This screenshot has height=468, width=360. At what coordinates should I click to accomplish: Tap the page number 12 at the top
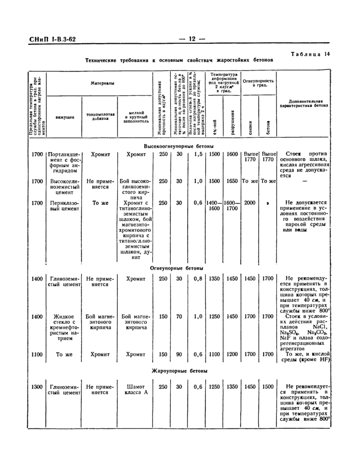coord(191,40)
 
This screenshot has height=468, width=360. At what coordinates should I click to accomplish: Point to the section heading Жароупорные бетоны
coord(179,370)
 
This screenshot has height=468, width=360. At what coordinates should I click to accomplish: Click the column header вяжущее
coord(65,117)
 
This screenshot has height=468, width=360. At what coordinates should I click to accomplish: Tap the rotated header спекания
coord(250,125)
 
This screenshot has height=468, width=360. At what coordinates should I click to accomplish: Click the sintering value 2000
coord(250,203)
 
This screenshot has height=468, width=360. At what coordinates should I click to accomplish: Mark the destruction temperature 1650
coord(232,181)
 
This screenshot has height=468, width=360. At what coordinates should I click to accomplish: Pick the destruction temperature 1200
coord(232,354)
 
